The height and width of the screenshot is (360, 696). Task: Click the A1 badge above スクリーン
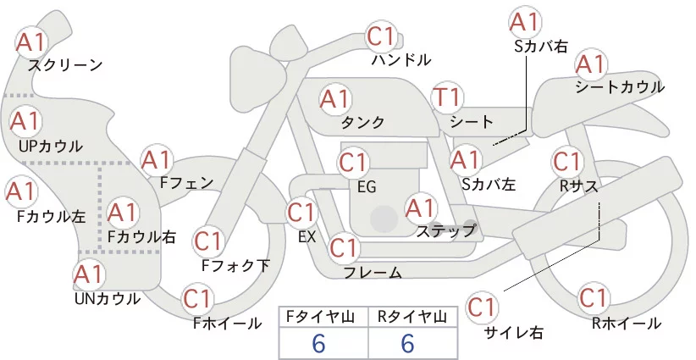tap(31, 41)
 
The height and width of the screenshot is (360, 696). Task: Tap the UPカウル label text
tap(51, 146)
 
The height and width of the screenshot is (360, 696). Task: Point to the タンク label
tap(362, 122)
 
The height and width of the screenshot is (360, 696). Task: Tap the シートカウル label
tap(619, 87)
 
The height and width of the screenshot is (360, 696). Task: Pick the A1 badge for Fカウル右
tap(122, 211)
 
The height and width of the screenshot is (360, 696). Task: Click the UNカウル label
tap(107, 297)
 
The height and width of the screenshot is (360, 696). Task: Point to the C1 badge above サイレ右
tap(483, 306)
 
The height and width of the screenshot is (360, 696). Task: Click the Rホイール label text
tap(627, 323)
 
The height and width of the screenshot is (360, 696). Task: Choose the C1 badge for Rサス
tap(566, 161)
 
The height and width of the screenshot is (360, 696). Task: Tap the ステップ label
tap(445, 230)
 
